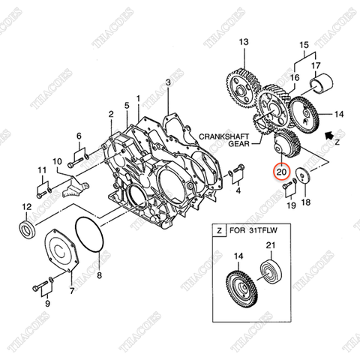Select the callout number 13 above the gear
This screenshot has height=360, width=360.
tap(243, 44)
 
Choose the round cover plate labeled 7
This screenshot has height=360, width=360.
tap(58, 252)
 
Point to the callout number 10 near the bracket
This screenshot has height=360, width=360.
tap(57, 161)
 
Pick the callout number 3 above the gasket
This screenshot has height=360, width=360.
tap(169, 81)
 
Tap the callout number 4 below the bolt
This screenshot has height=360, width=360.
tap(238, 190)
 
